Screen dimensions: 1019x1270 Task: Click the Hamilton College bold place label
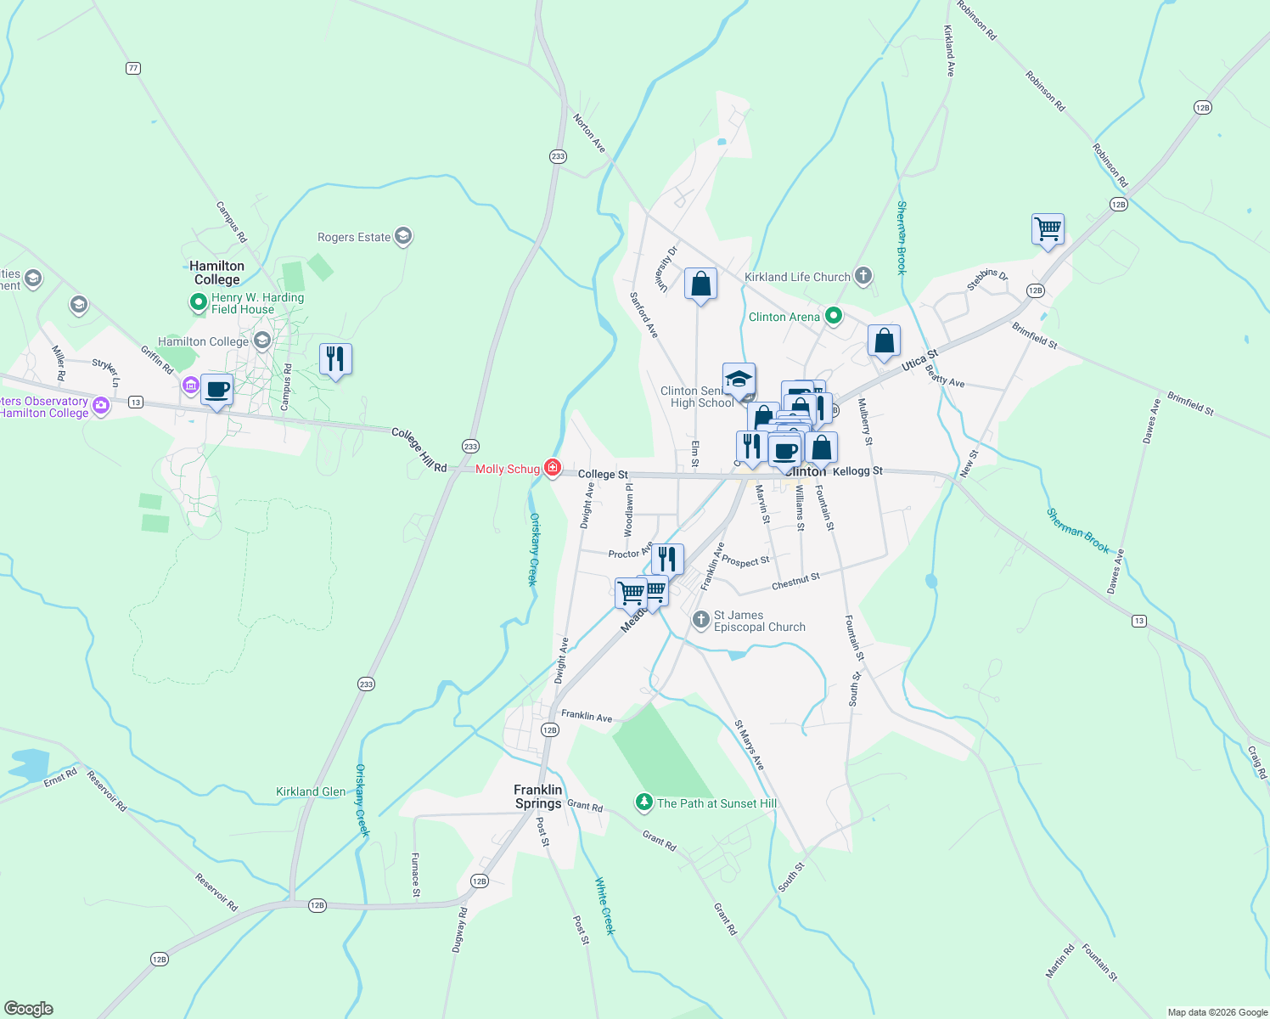click(216, 273)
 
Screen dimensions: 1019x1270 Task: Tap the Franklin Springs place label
click(538, 797)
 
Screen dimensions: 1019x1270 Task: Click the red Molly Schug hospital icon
click(553, 468)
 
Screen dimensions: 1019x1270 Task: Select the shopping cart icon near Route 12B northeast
click(1048, 228)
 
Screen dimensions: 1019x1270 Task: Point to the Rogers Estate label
click(354, 237)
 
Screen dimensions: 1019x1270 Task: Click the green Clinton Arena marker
click(834, 317)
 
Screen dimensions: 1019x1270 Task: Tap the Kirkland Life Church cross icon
click(863, 275)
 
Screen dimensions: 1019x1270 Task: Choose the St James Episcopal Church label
click(759, 621)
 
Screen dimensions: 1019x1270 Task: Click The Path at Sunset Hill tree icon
click(644, 802)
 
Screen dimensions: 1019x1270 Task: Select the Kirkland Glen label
click(311, 791)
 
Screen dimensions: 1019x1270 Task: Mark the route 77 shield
click(132, 68)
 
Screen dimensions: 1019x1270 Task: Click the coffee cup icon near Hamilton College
click(217, 390)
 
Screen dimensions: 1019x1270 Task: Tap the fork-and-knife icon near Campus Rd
click(335, 359)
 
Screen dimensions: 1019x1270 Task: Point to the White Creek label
click(604, 906)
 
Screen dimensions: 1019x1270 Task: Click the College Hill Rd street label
click(419, 450)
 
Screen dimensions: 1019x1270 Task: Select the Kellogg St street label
click(857, 470)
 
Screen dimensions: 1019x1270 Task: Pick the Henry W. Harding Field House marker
click(198, 302)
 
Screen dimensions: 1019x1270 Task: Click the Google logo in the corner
click(29, 1008)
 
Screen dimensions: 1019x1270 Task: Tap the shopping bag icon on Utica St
click(884, 341)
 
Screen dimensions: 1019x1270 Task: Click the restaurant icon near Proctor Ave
click(667, 559)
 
